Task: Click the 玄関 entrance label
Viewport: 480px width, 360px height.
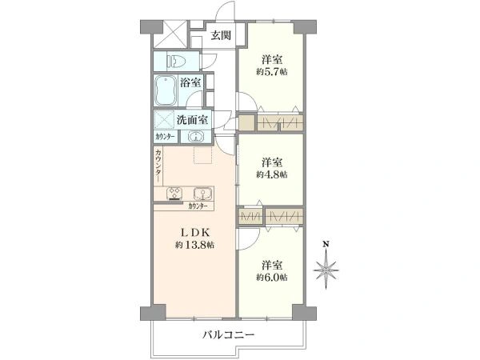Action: (x=222, y=35)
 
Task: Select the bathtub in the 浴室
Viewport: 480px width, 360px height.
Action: (x=166, y=90)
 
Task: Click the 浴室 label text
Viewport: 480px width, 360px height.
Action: (x=191, y=83)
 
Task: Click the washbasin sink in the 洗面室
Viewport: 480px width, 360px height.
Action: (x=196, y=137)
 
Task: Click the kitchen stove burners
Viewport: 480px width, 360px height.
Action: (x=174, y=193)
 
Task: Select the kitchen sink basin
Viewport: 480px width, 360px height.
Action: (x=201, y=193)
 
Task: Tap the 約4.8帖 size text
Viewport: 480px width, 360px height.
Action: (x=272, y=174)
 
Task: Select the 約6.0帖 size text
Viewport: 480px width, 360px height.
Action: (x=273, y=277)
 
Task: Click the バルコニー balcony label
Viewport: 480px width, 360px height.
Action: (x=227, y=334)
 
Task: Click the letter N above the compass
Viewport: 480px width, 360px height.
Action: (x=325, y=243)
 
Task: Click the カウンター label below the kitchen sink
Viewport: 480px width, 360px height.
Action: (x=198, y=206)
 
